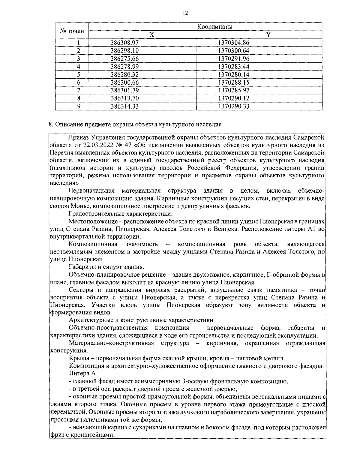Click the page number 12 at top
[185, 13]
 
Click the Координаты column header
[215, 27]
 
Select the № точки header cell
[72, 31]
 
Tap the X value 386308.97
[124, 43]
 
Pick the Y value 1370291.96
[234, 59]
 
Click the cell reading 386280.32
[124, 74]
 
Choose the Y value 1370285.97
[234, 90]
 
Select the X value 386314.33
[124, 106]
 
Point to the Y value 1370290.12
[234, 98]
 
